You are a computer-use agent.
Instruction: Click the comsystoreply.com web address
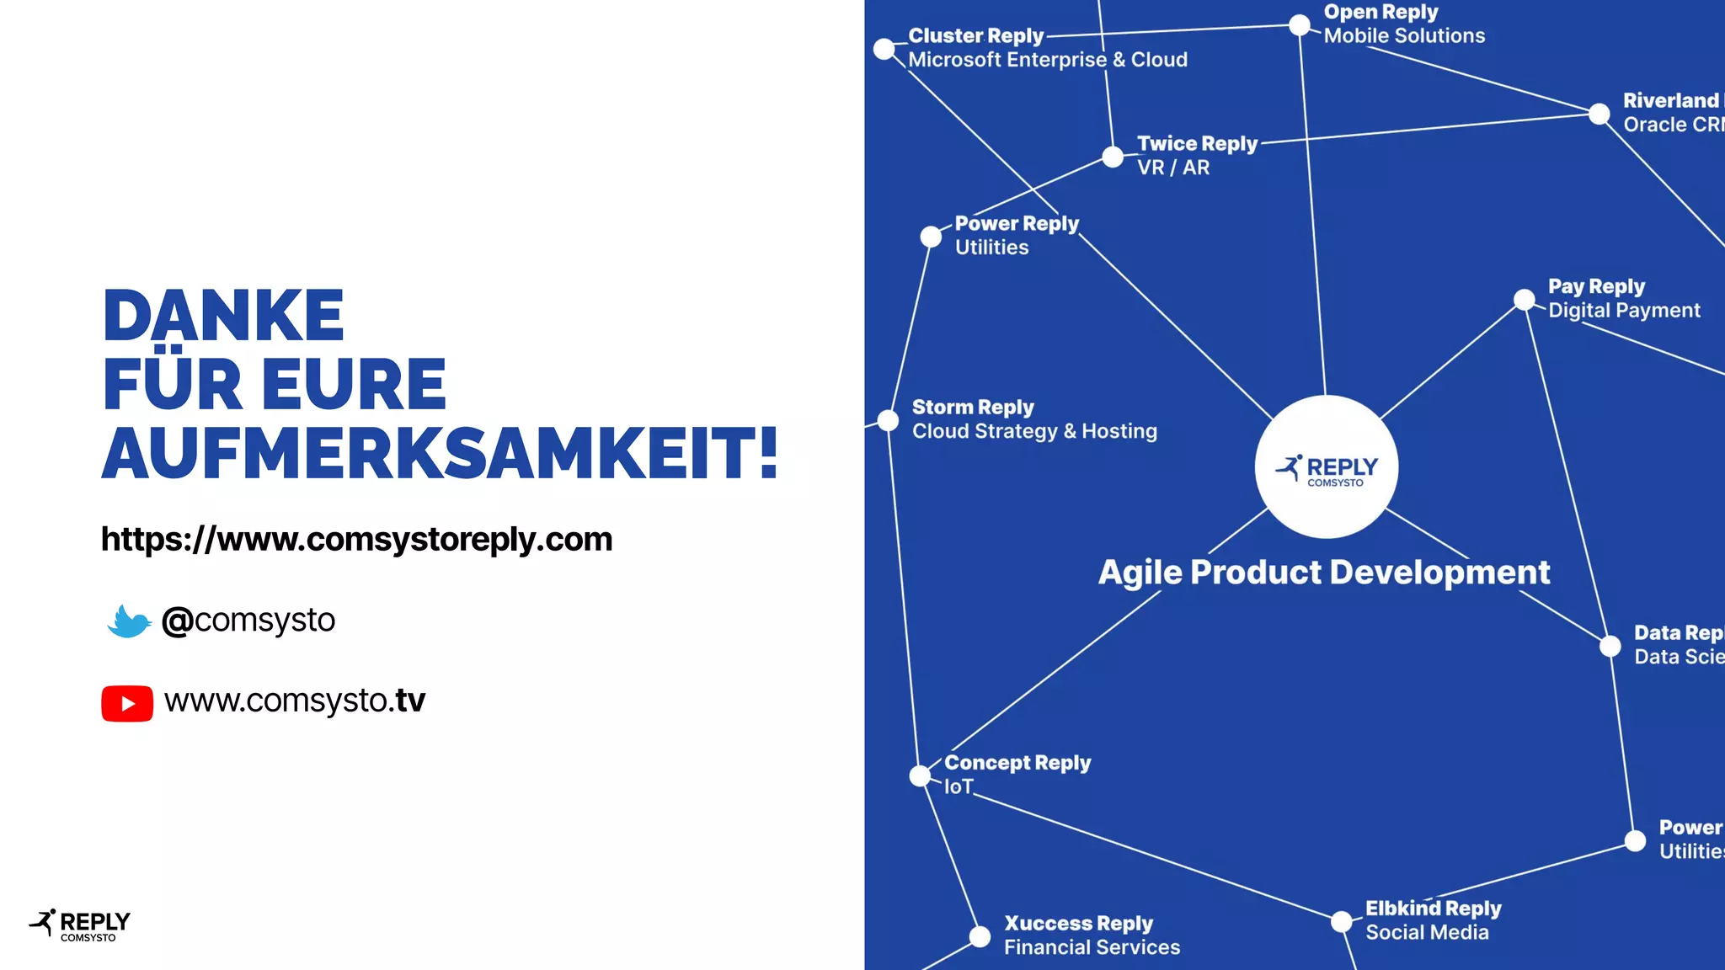click(x=356, y=539)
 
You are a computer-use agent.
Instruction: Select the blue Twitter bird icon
click(x=129, y=621)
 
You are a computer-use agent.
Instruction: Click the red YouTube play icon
click(x=127, y=703)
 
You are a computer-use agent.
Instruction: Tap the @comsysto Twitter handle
click(x=248, y=621)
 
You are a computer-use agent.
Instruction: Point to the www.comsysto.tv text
click(x=295, y=701)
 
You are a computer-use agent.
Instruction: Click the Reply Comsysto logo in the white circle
click(x=1327, y=468)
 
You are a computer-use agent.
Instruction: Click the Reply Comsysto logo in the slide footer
click(x=80, y=925)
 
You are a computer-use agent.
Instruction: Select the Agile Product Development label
click(x=1323, y=573)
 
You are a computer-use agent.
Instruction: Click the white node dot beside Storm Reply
click(x=889, y=420)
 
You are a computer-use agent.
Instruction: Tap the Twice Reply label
click(x=1197, y=144)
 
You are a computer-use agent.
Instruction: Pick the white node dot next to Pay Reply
click(x=1525, y=300)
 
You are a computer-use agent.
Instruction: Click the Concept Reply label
click(x=1017, y=763)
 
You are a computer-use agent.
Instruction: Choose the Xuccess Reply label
click(x=1078, y=924)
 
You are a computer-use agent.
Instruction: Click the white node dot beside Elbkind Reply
click(x=1342, y=921)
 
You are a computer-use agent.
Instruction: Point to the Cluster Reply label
click(x=975, y=36)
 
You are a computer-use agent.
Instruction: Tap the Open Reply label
click(x=1381, y=13)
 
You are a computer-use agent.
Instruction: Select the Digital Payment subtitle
click(x=1624, y=311)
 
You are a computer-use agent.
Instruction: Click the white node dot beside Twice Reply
click(x=1114, y=157)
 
